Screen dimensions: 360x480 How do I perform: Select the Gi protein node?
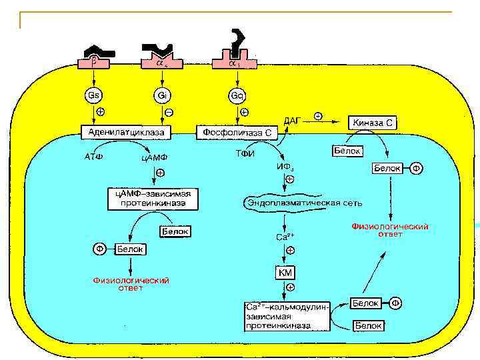pos(161,95)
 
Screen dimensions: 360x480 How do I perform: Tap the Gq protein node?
pos(237,95)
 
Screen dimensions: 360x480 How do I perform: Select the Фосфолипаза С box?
pos(237,132)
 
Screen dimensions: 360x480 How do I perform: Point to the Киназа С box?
pos(374,123)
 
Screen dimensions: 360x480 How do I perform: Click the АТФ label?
pos(93,157)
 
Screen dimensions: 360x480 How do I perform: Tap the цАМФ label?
pos(154,158)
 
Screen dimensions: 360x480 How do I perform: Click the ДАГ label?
pos(293,120)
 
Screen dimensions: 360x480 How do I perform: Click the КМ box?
pos(285,273)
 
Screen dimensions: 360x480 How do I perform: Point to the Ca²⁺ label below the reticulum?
pos(285,237)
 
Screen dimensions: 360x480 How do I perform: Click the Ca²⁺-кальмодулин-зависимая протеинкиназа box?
pos(287,316)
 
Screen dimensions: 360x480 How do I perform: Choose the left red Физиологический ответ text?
pos(130,284)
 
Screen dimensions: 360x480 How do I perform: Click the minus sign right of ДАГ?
pos(318,117)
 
